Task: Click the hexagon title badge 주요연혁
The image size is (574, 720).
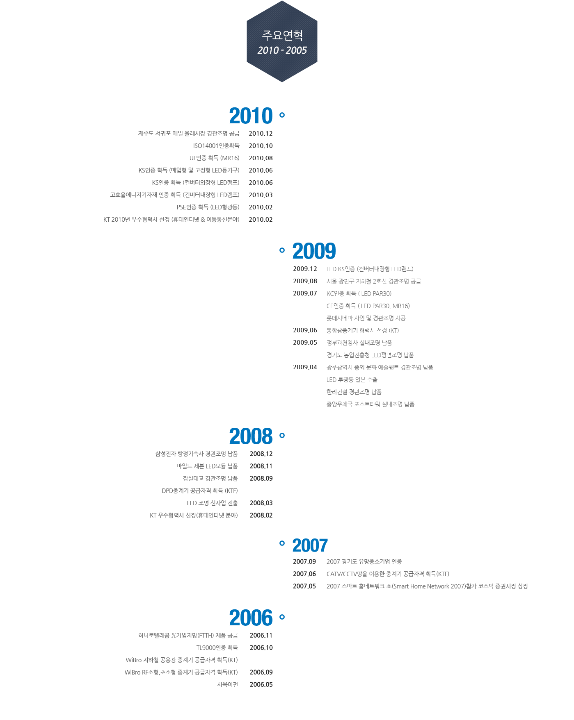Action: pyautogui.click(x=282, y=41)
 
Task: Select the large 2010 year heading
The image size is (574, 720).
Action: pyautogui.click(x=251, y=116)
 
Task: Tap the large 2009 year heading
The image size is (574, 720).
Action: pyautogui.click(x=314, y=251)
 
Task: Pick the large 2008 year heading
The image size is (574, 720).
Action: pyautogui.click(x=251, y=436)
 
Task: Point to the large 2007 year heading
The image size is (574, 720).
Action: pyautogui.click(x=310, y=545)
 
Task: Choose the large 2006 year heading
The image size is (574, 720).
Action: pyautogui.click(x=251, y=618)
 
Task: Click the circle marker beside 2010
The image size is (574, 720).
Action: pyautogui.click(x=282, y=115)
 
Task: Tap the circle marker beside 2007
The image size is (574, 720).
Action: pyautogui.click(x=282, y=543)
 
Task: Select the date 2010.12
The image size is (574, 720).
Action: pyautogui.click(x=261, y=134)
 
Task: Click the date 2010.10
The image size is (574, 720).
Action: pyautogui.click(x=261, y=146)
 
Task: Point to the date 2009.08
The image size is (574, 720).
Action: pyautogui.click(x=305, y=281)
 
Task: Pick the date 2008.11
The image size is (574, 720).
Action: pyautogui.click(x=261, y=466)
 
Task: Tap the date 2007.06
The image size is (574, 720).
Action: pyautogui.click(x=304, y=574)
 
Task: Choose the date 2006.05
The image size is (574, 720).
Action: pyautogui.click(x=261, y=685)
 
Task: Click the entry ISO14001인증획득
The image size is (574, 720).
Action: pyautogui.click(x=216, y=146)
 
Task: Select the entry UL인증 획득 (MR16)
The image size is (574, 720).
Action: pyautogui.click(x=214, y=158)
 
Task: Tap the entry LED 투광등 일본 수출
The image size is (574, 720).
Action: pyautogui.click(x=352, y=380)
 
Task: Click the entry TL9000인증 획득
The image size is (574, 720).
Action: pyautogui.click(x=217, y=648)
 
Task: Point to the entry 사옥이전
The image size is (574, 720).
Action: pyautogui.click(x=228, y=685)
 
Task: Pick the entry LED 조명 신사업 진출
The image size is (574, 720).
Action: pyautogui.click(x=213, y=503)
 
